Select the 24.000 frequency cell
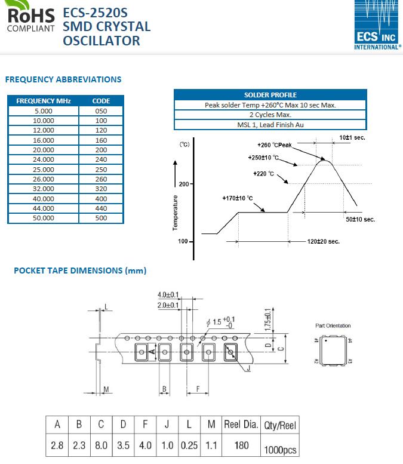pyautogui.click(x=44, y=159)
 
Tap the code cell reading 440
pyautogui.click(x=101, y=208)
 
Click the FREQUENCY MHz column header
pyautogui.click(x=44, y=101)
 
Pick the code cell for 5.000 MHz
pyautogui.click(x=101, y=111)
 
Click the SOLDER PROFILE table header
pyautogui.click(x=270, y=95)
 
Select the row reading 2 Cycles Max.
pyautogui.click(x=270, y=115)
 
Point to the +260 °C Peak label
pyautogui.click(x=274, y=145)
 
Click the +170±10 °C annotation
pyautogui.click(x=238, y=198)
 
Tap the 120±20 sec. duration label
pyautogui.click(x=324, y=241)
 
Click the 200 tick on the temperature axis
pyautogui.click(x=183, y=184)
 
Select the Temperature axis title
pyautogui.click(x=176, y=212)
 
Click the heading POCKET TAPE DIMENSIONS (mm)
pyautogui.click(x=80, y=271)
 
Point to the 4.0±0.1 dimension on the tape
pyautogui.click(x=168, y=295)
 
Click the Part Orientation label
pyautogui.click(x=333, y=325)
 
